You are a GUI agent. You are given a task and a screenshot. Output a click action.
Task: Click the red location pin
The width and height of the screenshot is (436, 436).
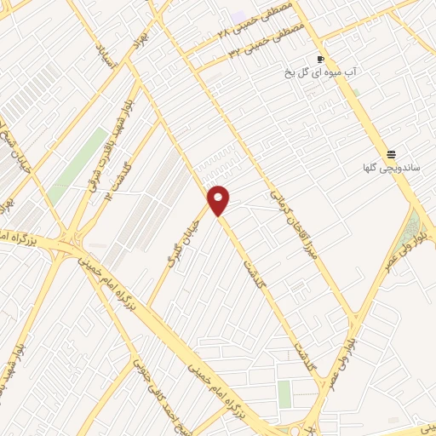[x=219, y=199]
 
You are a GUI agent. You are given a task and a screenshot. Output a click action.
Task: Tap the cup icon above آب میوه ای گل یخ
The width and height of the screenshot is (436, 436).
[x=320, y=60]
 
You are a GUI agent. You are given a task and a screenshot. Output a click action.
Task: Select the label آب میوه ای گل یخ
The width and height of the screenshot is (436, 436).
[x=320, y=73]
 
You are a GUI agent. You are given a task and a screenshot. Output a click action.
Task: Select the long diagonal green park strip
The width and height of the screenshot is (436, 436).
[x=77, y=167]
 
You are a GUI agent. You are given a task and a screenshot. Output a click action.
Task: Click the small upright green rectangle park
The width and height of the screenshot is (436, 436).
[x=284, y=393]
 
